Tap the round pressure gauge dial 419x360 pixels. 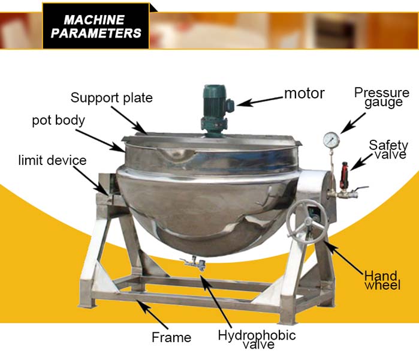pyautogui.click(x=330, y=139)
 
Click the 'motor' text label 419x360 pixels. pyautogui.click(x=304, y=94)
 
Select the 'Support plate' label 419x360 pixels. pyautogui.click(x=111, y=97)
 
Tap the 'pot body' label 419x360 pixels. pyautogui.click(x=58, y=120)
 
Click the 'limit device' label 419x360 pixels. pyautogui.click(x=52, y=160)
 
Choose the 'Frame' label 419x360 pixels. pyautogui.click(x=171, y=337)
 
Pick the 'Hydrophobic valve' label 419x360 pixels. pyautogui.click(x=257, y=339)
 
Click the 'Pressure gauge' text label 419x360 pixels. pyautogui.click(x=381, y=97)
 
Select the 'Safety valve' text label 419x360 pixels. pyautogui.click(x=388, y=150)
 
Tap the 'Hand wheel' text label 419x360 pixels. pyautogui.click(x=382, y=280)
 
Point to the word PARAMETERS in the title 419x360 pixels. pyautogui.click(x=96, y=34)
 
